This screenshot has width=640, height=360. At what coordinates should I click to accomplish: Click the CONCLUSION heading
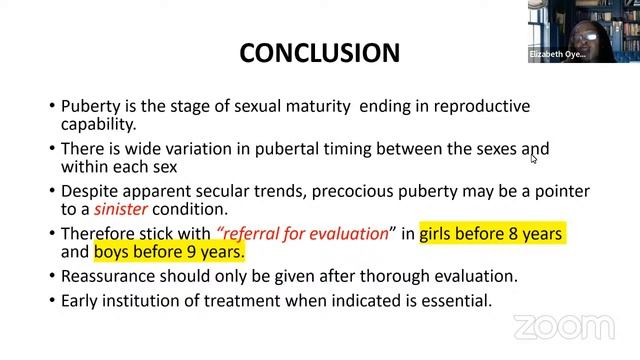pyautogui.click(x=319, y=52)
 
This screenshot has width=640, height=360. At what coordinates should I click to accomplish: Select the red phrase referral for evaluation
pyautogui.click(x=302, y=233)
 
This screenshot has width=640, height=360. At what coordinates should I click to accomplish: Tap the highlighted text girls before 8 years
pyautogui.click(x=491, y=233)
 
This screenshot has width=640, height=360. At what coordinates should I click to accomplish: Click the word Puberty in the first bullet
pyautogui.click(x=91, y=106)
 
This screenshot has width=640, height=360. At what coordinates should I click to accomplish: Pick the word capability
pyautogui.click(x=98, y=125)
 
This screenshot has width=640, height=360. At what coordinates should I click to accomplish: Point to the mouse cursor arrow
pyautogui.click(x=534, y=157)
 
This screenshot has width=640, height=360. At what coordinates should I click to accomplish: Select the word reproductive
pyautogui.click(x=479, y=106)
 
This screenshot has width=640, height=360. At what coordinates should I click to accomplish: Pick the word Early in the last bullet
pyautogui.click(x=81, y=299)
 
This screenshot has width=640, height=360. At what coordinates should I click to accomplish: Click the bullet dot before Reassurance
pyautogui.click(x=52, y=276)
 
